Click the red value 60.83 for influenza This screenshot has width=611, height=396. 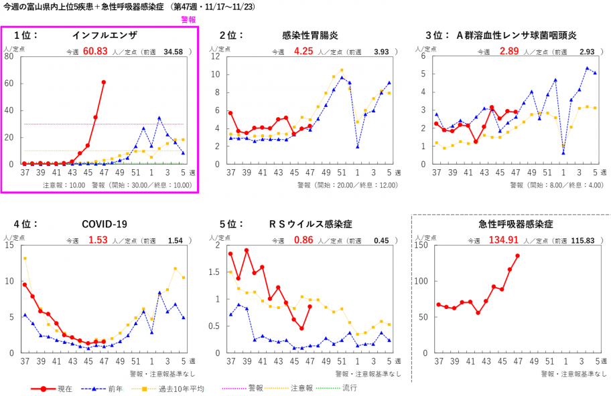point(95,52)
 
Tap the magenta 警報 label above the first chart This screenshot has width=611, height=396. point(188,20)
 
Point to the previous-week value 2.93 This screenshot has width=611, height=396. point(587,52)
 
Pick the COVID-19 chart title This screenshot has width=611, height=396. point(105,224)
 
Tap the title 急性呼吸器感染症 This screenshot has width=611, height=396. point(511,224)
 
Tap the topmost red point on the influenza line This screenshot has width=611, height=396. point(104,82)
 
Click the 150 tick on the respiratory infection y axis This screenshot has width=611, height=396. point(424,245)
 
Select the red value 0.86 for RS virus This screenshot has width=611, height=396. point(303,240)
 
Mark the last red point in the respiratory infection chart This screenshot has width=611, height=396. point(517,256)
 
